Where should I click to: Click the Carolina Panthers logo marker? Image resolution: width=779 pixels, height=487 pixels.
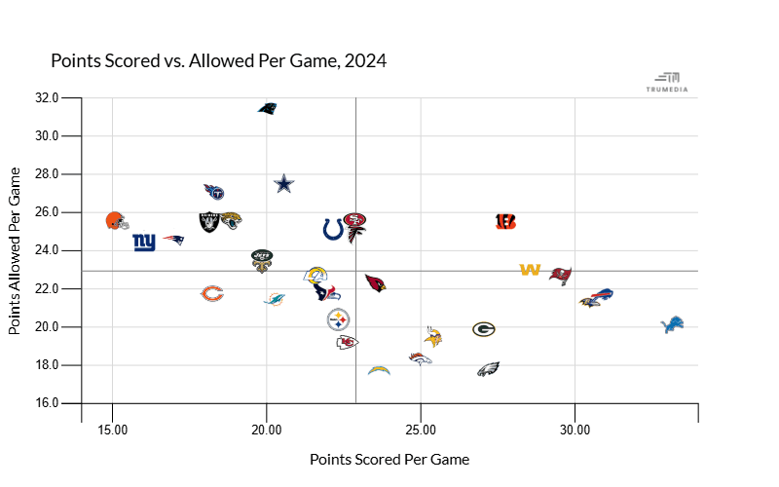coord(268,107)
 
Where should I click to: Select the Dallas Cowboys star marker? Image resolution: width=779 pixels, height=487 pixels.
coord(283,183)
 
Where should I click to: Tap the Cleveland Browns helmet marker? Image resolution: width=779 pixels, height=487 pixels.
coord(117,220)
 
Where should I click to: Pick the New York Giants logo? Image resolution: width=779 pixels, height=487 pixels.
coord(144,242)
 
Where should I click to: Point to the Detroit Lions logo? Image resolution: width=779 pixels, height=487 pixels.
coord(673,324)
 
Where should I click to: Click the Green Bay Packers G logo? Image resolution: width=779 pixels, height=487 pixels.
coord(485,329)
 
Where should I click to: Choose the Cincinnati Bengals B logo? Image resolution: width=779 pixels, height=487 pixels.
coord(505,221)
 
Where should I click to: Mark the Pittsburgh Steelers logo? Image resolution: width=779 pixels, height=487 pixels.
coord(338,318)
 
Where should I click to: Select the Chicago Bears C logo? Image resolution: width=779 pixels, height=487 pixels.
coord(212,293)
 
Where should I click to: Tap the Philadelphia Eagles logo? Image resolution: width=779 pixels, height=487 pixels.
coord(488,369)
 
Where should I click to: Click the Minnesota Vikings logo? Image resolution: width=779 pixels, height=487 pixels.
coord(433,337)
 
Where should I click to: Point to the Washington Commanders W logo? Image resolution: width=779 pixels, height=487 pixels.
coord(531,270)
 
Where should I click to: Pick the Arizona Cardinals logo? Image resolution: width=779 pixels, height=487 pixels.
coord(375,282)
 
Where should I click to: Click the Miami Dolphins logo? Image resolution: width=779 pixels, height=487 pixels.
coord(275,298)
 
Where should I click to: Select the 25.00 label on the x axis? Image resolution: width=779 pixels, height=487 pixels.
coord(421,430)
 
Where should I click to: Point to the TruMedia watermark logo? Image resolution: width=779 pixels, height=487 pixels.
coord(667,82)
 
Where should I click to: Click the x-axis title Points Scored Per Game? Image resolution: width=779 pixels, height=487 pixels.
coord(389,459)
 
